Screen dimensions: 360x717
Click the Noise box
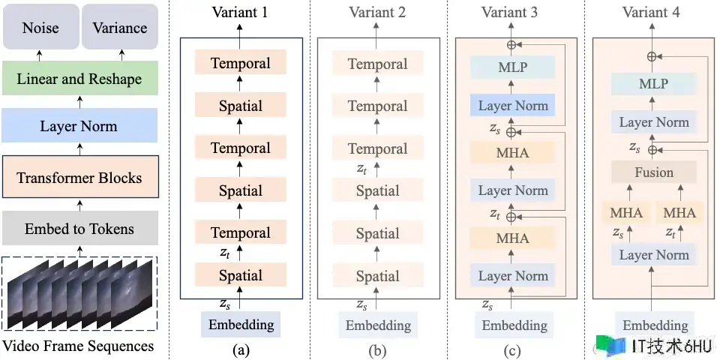pos(40,28)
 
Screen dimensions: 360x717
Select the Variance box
pos(119,28)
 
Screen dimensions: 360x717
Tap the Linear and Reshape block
pos(79,79)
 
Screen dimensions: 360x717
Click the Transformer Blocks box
pos(79,178)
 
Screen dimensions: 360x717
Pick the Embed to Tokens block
pos(79,229)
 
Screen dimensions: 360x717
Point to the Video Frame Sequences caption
pos(79,346)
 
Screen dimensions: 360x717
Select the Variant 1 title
pos(240,12)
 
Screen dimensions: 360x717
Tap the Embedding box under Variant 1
pos(240,325)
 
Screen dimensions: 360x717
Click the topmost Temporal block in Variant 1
pos(240,63)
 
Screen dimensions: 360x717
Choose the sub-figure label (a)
pos(240,349)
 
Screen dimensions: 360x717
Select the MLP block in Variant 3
pos(513,68)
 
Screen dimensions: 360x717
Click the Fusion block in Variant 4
pos(653,172)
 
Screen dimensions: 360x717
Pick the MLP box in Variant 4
pos(653,84)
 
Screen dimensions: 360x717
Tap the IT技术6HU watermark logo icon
pos(616,346)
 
